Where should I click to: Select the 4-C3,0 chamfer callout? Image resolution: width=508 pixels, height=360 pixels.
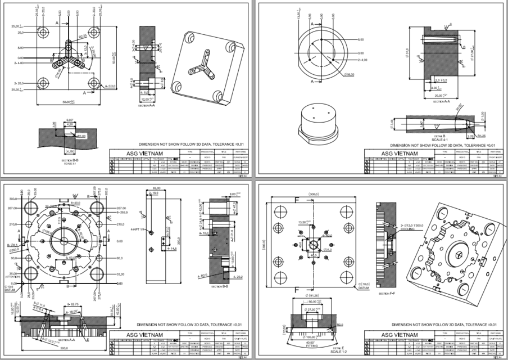[x=110, y=85]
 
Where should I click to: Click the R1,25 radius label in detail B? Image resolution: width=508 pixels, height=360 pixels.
[x=482, y=136]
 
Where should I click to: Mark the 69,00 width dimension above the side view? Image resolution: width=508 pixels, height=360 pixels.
[x=157, y=188]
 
